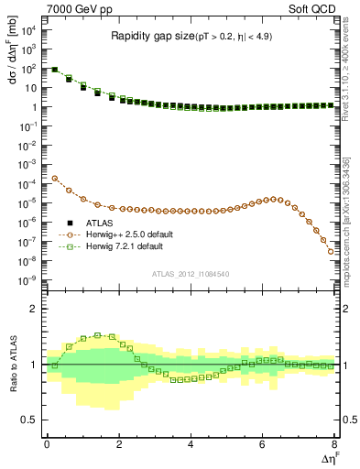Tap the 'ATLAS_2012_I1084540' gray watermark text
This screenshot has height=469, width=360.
click(191, 273)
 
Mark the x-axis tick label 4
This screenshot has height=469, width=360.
click(191, 444)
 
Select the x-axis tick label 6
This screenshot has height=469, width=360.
click(262, 444)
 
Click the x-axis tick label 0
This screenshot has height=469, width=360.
click(47, 444)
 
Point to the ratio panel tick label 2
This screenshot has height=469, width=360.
click(33, 309)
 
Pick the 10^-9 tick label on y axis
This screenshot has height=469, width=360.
click(28, 279)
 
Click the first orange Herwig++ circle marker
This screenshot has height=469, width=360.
click(54, 179)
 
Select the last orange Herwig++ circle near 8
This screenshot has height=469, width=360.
click(331, 251)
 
